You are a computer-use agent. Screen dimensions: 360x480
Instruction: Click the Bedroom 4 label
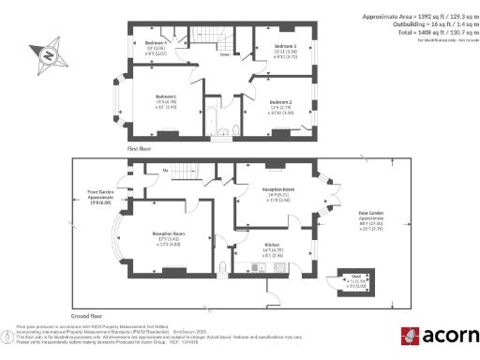(x=155, y=43)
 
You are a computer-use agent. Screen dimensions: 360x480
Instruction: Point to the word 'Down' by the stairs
(x=226, y=54)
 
